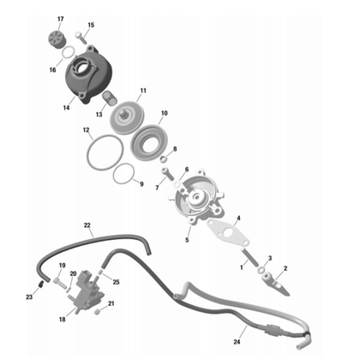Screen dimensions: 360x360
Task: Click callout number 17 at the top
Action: click(x=60, y=18)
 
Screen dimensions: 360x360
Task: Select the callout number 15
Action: click(x=92, y=26)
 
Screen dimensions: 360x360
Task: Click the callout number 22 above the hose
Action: click(x=87, y=225)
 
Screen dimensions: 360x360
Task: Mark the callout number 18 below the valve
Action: click(x=61, y=320)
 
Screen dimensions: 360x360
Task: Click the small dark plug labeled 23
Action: click(x=40, y=285)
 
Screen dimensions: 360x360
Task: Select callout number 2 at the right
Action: click(x=285, y=268)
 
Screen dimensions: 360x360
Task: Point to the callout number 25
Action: click(x=116, y=282)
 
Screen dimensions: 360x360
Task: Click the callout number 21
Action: click(x=111, y=303)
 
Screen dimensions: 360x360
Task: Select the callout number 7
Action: click(x=157, y=186)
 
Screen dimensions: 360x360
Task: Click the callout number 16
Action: click(x=52, y=69)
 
